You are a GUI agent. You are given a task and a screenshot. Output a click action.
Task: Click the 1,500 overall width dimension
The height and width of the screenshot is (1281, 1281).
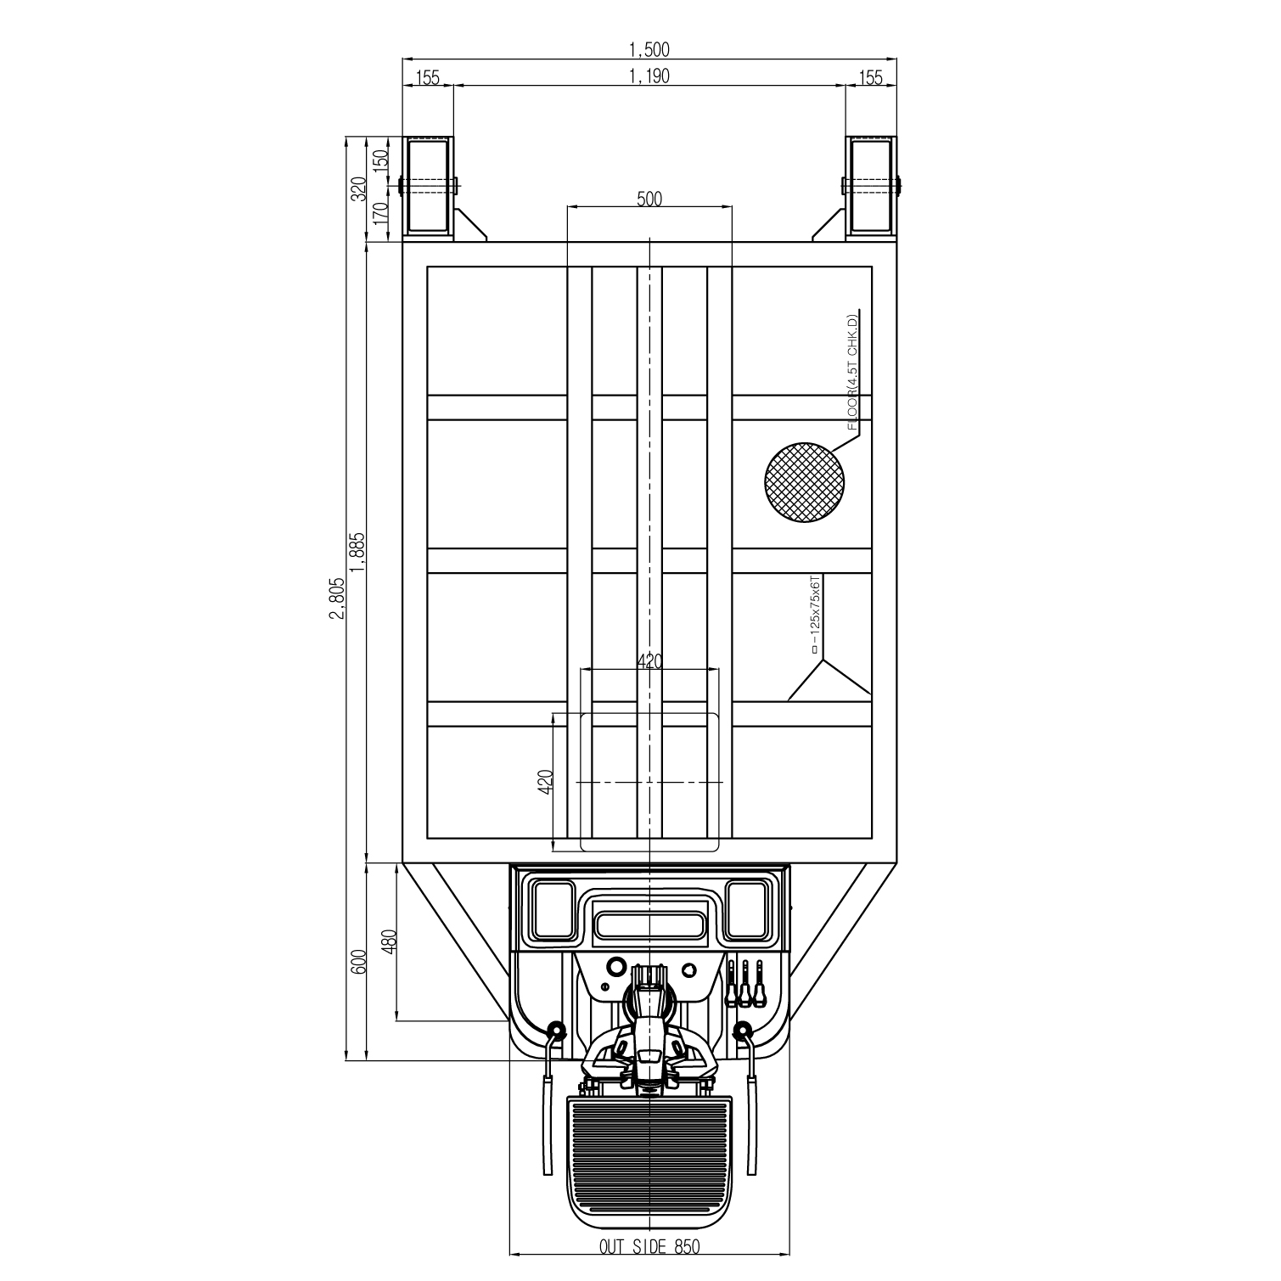tap(649, 49)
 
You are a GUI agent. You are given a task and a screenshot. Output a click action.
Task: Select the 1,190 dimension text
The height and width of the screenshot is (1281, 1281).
tap(649, 76)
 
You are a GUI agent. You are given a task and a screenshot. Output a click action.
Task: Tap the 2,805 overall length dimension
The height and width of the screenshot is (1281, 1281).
tap(337, 599)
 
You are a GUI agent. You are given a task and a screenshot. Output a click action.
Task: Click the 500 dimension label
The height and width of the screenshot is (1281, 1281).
tap(649, 199)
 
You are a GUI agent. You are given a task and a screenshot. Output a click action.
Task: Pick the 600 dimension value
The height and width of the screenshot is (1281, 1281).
tap(357, 962)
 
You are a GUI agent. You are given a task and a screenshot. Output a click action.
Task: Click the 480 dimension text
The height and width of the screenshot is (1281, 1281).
tap(390, 942)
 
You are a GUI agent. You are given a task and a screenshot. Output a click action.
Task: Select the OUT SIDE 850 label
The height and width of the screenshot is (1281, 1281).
tap(649, 1246)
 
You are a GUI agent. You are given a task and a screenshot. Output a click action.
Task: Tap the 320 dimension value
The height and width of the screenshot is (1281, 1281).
tap(357, 188)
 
